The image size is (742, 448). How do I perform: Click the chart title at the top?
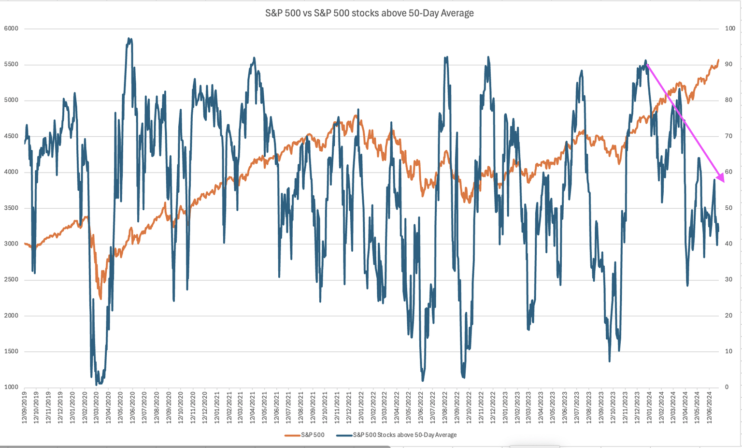370,13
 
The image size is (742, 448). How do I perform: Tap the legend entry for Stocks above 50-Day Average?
404,435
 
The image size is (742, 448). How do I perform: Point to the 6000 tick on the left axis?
11,29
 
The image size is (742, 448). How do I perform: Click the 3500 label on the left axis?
11,208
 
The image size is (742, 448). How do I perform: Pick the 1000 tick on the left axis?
11,387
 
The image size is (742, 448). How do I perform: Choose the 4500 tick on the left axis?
11,136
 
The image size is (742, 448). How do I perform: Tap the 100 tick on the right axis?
730,29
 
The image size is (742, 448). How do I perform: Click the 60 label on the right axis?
728,172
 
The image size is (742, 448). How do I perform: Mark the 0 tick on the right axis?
727,387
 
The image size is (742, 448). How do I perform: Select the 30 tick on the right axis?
728,280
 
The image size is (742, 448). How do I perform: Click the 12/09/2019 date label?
25,408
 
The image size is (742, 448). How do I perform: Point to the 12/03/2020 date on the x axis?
97,408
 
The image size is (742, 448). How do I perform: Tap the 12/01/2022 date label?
361,408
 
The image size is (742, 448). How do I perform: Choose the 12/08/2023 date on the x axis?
589,408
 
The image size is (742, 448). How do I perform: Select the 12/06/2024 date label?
709,408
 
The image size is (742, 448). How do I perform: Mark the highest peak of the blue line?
129,38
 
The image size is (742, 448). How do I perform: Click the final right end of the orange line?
718,60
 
